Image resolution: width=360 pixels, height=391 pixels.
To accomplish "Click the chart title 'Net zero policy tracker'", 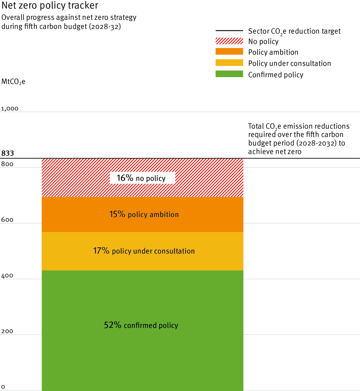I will [50, 6].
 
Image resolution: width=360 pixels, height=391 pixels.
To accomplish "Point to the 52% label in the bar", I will [113, 325].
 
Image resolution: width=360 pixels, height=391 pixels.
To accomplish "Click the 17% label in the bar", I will [101, 251].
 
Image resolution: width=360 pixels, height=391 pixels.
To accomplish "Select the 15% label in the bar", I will [117, 214].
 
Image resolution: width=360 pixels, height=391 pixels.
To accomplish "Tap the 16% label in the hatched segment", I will [125, 178].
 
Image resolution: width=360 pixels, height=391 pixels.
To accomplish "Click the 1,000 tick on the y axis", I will [10, 109].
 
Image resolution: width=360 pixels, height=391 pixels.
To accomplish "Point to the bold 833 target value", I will [8, 153].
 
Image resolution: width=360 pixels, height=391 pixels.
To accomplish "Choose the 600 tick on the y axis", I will [7, 220].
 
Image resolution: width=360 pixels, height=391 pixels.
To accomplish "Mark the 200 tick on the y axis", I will [7, 331].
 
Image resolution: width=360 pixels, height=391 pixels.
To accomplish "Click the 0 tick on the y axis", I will [3, 387].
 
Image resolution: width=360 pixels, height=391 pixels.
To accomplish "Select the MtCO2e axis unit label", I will [13, 81].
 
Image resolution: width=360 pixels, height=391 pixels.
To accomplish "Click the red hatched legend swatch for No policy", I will [229, 41].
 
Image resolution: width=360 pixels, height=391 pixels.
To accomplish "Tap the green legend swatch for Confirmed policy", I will [229, 74].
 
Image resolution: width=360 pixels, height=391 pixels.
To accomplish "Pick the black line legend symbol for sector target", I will [229, 31].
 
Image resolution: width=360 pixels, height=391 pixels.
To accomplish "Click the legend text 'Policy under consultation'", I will [289, 63].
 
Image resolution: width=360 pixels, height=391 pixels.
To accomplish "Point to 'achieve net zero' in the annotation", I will [275, 152].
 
